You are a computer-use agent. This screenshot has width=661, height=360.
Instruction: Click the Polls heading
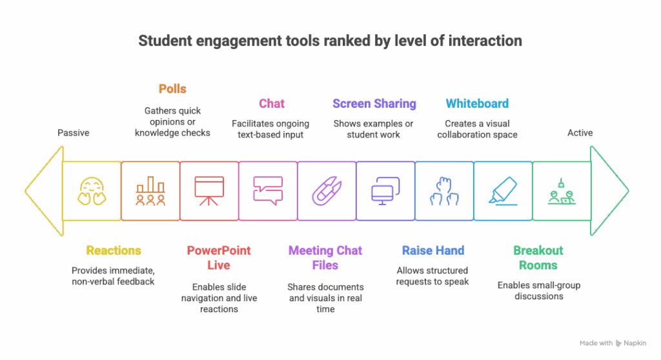[172, 89]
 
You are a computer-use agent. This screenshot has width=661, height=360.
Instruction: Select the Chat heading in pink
[272, 103]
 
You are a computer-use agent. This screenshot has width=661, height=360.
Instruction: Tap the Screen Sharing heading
[374, 103]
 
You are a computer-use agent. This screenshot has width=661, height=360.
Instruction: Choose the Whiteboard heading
[477, 103]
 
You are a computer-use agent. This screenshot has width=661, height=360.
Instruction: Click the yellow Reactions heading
[114, 250]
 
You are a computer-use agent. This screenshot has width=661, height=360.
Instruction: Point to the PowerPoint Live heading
[218, 257]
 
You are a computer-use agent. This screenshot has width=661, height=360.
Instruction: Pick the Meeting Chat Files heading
[325, 257]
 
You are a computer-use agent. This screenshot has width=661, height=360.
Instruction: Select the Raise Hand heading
[432, 250]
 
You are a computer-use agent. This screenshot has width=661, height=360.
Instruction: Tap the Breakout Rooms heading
[538, 257]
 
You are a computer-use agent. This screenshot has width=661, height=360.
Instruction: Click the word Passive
[73, 133]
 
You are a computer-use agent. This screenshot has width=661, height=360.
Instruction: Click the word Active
[580, 133]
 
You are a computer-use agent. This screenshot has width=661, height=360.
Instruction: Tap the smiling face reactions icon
[92, 191]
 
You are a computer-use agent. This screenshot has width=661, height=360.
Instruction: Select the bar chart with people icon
[150, 191]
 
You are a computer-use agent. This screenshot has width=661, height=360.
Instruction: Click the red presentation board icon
[209, 191]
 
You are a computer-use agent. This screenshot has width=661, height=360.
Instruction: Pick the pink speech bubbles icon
[268, 191]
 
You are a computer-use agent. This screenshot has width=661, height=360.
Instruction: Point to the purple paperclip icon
[326, 191]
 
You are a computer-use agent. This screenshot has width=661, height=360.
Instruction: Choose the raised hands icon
[444, 191]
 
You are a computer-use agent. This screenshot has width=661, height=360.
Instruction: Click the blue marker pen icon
[502, 191]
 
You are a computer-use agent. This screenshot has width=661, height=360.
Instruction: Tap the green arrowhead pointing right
[609, 191]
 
